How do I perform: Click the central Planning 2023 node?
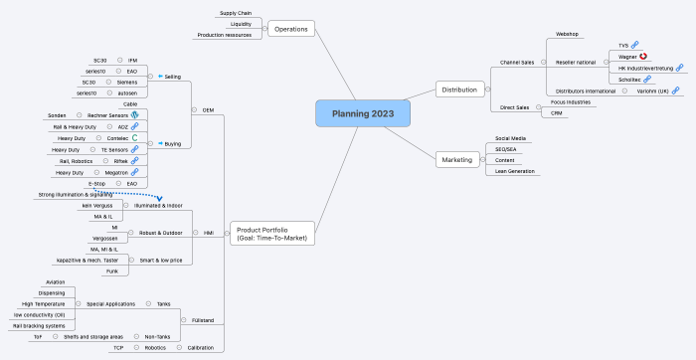(362, 113)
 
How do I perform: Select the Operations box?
(290, 29)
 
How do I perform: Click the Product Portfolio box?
(271, 234)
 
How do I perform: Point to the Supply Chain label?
(235, 13)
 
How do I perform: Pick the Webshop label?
(567, 34)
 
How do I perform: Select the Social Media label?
(510, 138)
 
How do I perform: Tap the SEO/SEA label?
(506, 149)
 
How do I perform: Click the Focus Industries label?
(571, 101)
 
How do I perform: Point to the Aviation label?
(56, 281)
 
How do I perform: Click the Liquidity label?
(240, 24)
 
